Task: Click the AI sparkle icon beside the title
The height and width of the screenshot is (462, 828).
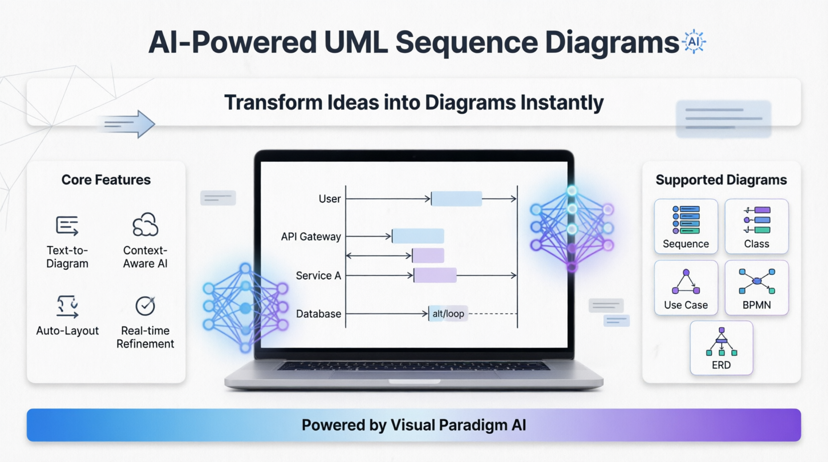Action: point(694,41)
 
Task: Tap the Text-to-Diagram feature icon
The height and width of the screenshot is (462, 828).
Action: point(67,226)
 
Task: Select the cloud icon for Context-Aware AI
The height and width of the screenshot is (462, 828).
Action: point(145,225)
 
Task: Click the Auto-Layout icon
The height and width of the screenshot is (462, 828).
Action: point(67,307)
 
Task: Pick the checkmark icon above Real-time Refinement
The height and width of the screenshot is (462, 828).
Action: point(145,306)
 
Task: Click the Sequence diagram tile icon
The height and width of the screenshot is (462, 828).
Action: point(686,220)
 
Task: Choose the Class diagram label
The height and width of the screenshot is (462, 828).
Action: point(757,244)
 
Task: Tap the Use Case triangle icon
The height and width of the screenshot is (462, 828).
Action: point(686,281)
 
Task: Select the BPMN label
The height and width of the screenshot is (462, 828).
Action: point(757,305)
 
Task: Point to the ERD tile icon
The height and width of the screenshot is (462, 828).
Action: point(722,342)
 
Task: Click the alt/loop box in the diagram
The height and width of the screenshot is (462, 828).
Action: point(448,314)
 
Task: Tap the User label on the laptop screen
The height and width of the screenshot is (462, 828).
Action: point(330,199)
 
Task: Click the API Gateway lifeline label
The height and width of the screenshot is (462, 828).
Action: point(311,237)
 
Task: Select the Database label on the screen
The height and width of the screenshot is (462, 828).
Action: point(318,314)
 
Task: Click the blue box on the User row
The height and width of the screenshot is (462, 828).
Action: point(457,199)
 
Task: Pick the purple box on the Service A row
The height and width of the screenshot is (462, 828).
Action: point(435,276)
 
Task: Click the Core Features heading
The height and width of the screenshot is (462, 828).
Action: point(106,180)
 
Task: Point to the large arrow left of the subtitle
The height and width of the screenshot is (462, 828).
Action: point(127,124)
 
